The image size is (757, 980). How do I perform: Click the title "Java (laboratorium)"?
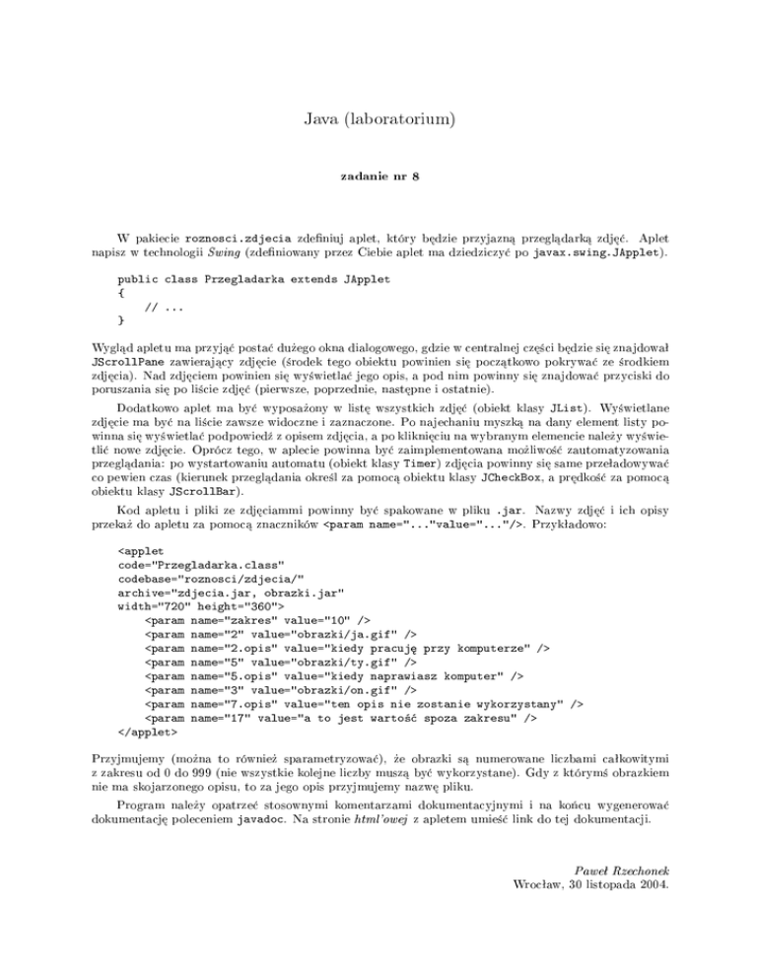(378, 121)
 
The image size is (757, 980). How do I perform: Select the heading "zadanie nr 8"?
(378, 177)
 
